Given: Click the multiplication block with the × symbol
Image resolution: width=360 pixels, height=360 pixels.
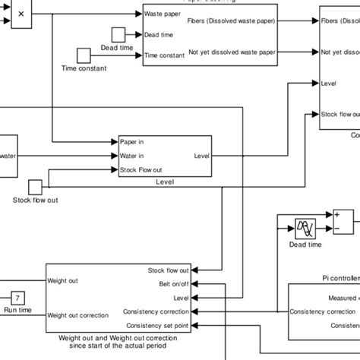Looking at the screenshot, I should [x=20, y=14].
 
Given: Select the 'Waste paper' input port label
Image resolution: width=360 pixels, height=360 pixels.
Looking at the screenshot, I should [x=163, y=14].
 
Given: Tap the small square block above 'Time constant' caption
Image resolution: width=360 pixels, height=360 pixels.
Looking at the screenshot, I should [x=84, y=55].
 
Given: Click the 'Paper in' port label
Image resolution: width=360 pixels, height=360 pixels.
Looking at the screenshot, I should [x=132, y=141].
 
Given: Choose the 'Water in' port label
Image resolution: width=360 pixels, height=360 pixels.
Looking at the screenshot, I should [x=133, y=156].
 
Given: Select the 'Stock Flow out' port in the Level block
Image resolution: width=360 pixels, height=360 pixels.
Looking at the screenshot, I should [x=141, y=170].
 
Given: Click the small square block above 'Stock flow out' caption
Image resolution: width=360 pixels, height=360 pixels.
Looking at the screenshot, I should [x=35, y=187].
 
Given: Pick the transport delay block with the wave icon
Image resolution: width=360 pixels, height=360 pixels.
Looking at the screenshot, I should [x=305, y=226].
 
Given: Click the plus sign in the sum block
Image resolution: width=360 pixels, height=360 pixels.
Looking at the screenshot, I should [x=336, y=214].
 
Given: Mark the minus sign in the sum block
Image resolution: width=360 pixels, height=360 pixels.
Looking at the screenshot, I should [x=336, y=226].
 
